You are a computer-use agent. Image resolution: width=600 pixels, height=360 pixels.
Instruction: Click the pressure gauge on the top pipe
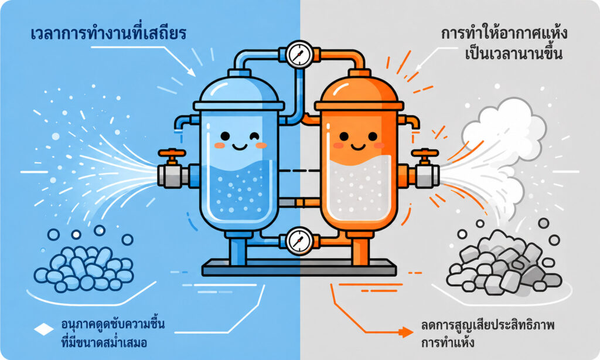point(299,55)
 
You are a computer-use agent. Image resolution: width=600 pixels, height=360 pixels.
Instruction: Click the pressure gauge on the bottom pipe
point(299,241)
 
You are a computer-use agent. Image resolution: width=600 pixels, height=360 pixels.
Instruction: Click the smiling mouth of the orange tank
point(358,147)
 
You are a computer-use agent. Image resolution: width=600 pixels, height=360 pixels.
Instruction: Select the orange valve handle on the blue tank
point(172,154)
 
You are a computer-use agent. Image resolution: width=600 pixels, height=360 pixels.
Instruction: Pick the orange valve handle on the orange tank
point(425,154)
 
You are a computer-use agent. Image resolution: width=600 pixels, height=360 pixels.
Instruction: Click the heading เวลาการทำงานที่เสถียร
point(108,33)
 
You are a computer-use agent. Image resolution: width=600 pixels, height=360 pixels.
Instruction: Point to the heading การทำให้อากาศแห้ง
point(504,33)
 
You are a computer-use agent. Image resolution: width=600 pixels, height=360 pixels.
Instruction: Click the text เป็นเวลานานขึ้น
point(513,53)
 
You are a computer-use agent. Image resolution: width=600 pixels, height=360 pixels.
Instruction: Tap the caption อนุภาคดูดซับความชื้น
point(113,324)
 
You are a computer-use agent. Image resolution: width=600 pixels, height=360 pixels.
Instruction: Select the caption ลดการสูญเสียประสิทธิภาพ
point(488,326)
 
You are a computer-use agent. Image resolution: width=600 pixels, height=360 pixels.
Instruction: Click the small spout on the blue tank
point(182,123)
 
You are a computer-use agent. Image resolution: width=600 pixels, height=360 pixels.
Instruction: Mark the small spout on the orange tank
point(410,122)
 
